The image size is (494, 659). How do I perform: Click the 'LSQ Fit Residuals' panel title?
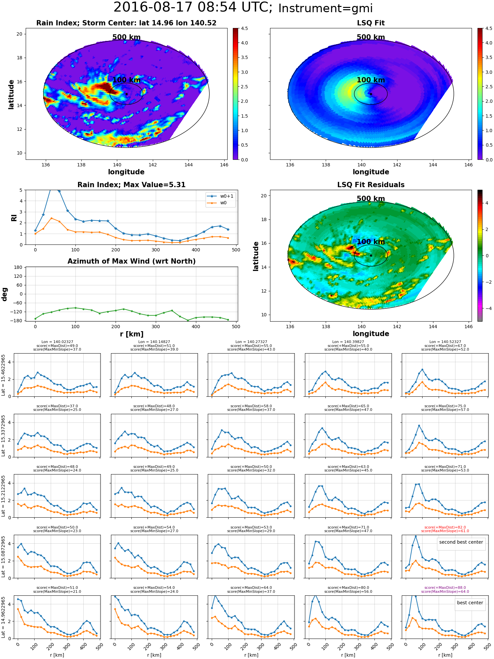[x=371, y=185]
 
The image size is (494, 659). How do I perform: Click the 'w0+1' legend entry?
[x=227, y=196]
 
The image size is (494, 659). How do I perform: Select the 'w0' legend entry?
[x=223, y=203]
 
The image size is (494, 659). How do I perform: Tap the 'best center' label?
[x=470, y=603]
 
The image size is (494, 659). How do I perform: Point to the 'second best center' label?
[x=461, y=542]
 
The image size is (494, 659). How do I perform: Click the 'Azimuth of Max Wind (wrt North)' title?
[x=132, y=261]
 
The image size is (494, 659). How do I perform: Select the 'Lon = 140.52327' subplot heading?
[x=445, y=342]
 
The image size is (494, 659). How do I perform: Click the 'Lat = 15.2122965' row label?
[x=3, y=496]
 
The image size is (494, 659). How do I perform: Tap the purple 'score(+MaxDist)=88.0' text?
[x=445, y=587]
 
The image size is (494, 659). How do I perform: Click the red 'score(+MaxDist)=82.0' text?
[x=445, y=527]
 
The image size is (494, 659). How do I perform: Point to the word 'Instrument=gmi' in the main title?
[x=325, y=8]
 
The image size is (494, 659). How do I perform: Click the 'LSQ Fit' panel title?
[x=371, y=23]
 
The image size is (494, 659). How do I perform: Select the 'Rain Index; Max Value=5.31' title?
[x=131, y=185]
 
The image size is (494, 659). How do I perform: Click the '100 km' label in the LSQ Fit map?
[x=371, y=80]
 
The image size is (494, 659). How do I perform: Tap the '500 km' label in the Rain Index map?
[x=126, y=37]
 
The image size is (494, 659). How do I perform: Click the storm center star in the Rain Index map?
[x=126, y=94]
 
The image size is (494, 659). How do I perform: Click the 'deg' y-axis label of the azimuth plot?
[x=5, y=294]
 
